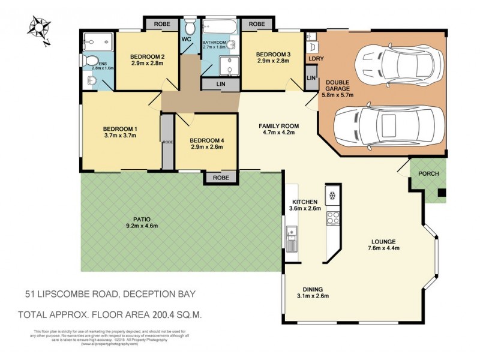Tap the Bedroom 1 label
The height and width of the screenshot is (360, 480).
click(x=120, y=128)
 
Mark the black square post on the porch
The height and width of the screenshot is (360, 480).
click(x=441, y=193)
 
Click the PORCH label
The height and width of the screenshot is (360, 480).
click(x=428, y=174)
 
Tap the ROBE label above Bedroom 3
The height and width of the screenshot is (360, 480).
click(x=257, y=23)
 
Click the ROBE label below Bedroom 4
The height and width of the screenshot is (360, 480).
click(x=221, y=178)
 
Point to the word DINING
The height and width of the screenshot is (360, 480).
click(x=313, y=287)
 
